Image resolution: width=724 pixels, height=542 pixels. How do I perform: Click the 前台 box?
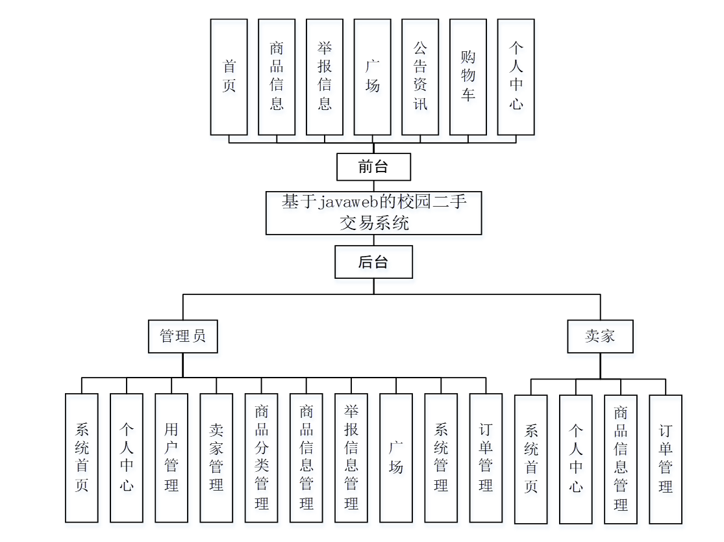click(x=373, y=167)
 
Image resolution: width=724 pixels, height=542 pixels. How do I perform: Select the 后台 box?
click(x=373, y=262)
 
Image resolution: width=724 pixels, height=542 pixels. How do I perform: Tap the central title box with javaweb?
click(x=373, y=213)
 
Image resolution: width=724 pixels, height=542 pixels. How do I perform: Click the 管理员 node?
click(x=182, y=336)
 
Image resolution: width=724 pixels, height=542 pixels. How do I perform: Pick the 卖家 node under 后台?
click(x=600, y=336)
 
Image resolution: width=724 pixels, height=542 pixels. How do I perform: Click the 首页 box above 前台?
click(x=229, y=77)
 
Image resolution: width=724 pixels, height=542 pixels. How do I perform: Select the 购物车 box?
click(x=468, y=77)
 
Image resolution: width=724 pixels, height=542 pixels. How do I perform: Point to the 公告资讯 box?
click(x=420, y=77)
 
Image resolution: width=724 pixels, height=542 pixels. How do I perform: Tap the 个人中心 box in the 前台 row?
click(x=516, y=77)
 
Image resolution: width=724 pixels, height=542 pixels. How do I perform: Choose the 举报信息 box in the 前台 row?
click(x=325, y=77)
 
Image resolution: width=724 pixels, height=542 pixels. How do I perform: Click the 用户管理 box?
click(x=171, y=458)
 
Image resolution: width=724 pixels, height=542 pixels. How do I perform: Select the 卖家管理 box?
click(x=216, y=458)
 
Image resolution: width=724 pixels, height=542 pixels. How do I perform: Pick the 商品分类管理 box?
click(x=262, y=458)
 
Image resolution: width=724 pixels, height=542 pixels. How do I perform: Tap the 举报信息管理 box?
click(x=351, y=458)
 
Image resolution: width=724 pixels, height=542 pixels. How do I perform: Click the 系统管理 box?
click(x=441, y=458)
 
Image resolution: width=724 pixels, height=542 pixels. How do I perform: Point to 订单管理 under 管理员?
click(x=486, y=458)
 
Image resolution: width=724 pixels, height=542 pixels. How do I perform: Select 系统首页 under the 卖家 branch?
click(x=531, y=459)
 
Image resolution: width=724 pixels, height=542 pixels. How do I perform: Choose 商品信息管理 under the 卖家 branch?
click(x=621, y=459)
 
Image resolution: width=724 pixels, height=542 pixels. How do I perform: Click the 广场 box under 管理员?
click(x=396, y=458)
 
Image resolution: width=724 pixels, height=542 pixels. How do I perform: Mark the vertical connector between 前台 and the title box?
click(x=373, y=186)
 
